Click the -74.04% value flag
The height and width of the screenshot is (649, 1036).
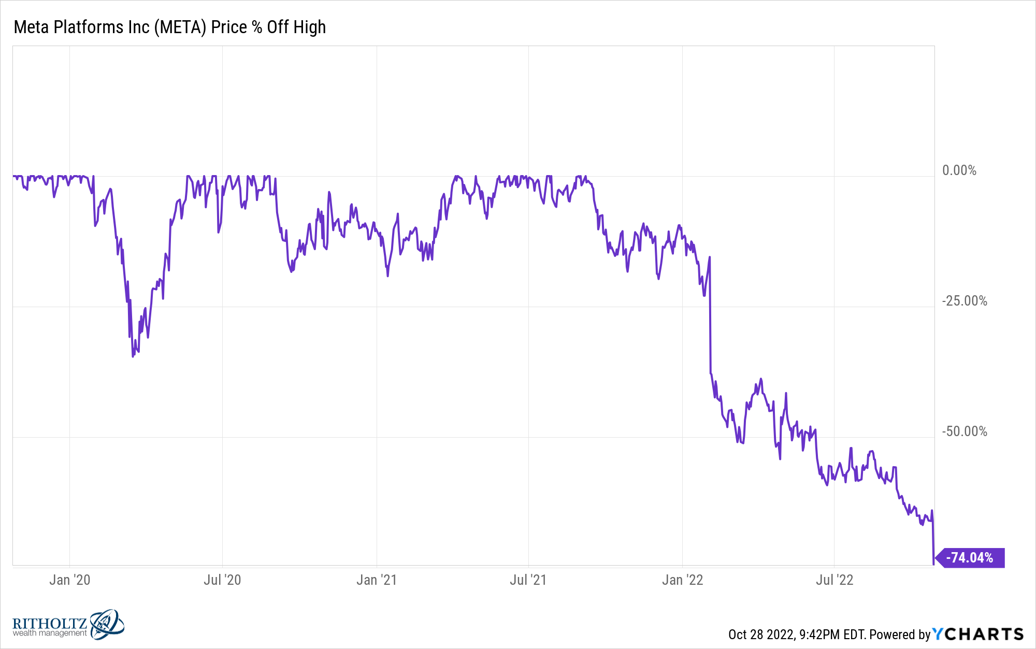coord(972,558)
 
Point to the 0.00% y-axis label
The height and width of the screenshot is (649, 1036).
coord(959,170)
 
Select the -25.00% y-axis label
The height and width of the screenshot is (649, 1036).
coord(964,301)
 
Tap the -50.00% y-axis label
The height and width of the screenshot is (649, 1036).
coord(964,431)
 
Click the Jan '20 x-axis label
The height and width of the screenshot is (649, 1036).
coord(69,580)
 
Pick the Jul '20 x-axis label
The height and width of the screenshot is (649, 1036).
coord(222,580)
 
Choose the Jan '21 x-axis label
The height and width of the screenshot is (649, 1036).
coord(377,580)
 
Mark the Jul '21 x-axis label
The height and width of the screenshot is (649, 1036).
coord(528,580)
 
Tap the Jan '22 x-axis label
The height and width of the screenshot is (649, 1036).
coord(682,580)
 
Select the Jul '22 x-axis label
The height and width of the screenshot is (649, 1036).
coord(834,580)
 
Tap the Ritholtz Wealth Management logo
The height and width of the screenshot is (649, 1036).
coord(68,624)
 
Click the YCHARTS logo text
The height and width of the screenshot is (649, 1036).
coord(978,634)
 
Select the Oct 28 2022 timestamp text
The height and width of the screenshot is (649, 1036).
coord(761,634)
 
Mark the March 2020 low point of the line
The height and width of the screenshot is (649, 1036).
coord(133,356)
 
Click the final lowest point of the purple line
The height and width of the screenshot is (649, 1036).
coord(933,564)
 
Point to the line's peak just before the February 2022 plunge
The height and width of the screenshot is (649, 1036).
coord(709,257)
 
